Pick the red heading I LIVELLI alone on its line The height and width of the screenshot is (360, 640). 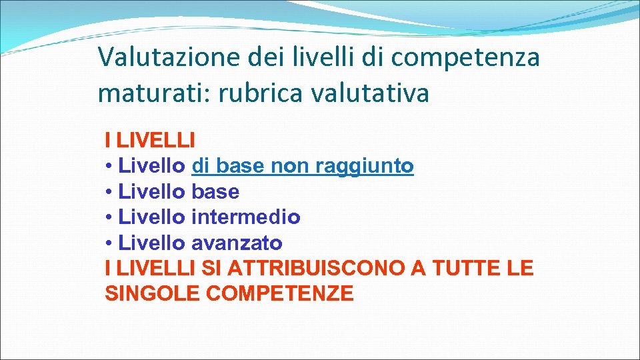(x=150, y=140)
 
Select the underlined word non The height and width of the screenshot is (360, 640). (x=290, y=165)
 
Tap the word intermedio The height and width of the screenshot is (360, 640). (x=245, y=217)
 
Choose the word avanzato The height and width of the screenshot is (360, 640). (x=237, y=243)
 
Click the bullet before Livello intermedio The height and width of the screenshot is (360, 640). (x=109, y=217)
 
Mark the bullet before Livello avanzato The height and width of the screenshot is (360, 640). (x=109, y=243)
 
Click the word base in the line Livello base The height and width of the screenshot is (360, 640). (x=215, y=191)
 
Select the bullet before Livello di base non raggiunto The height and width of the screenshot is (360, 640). (x=109, y=166)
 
